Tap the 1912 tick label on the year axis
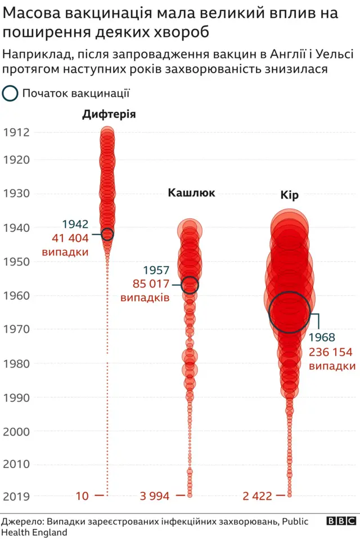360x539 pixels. (16, 133)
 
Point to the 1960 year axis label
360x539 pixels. (16, 295)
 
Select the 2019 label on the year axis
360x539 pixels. (16, 496)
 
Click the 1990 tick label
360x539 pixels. (16, 397)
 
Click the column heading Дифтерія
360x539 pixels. (109, 115)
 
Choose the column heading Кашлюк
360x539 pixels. (191, 193)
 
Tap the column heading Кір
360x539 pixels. (289, 195)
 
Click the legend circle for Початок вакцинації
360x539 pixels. (10, 93)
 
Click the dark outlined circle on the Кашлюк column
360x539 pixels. (190, 285)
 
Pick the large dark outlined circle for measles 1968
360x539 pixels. (289, 312)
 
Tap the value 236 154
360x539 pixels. (331, 352)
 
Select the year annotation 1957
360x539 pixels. (156, 270)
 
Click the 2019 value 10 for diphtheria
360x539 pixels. (82, 496)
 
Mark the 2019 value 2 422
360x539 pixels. (258, 496)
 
